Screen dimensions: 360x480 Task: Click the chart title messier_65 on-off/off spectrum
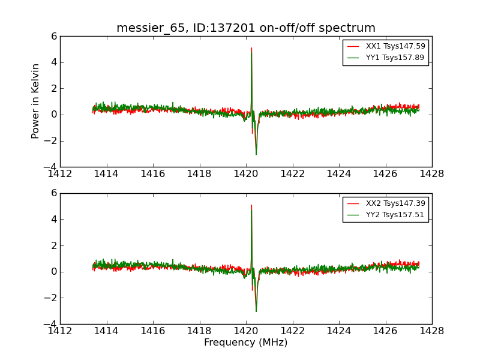(x=245, y=28)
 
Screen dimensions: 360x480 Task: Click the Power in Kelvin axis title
(x=36, y=101)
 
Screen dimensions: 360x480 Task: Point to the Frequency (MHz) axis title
(x=245, y=343)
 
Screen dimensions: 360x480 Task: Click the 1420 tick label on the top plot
(x=246, y=174)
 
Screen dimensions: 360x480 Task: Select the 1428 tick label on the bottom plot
(x=431, y=331)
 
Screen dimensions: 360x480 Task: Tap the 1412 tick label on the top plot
(x=60, y=174)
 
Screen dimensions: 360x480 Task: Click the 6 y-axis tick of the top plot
(x=54, y=36)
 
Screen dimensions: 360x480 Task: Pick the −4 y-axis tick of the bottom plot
(x=50, y=324)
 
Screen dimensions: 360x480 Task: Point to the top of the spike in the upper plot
(x=251, y=49)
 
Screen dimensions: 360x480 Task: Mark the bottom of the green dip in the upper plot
(x=256, y=154)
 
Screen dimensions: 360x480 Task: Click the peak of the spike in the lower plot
(x=251, y=206)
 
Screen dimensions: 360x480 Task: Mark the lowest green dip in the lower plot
(x=256, y=311)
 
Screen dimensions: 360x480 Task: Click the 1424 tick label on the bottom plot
(x=339, y=331)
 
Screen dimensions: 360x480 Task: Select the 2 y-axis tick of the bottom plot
(x=54, y=245)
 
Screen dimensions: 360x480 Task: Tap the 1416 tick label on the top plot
(x=153, y=174)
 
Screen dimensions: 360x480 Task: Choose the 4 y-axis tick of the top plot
(x=54, y=62)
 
